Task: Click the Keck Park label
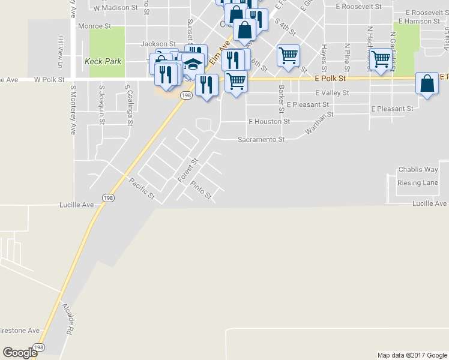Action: (103, 61)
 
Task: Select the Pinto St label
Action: (201, 190)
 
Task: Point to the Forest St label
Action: (188, 170)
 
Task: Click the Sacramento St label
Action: (261, 139)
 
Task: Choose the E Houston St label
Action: (269, 121)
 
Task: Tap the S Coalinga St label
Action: (128, 105)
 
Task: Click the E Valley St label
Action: (332, 93)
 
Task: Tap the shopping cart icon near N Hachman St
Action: (381, 59)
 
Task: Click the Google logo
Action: (20, 353)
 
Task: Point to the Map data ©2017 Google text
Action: (411, 355)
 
